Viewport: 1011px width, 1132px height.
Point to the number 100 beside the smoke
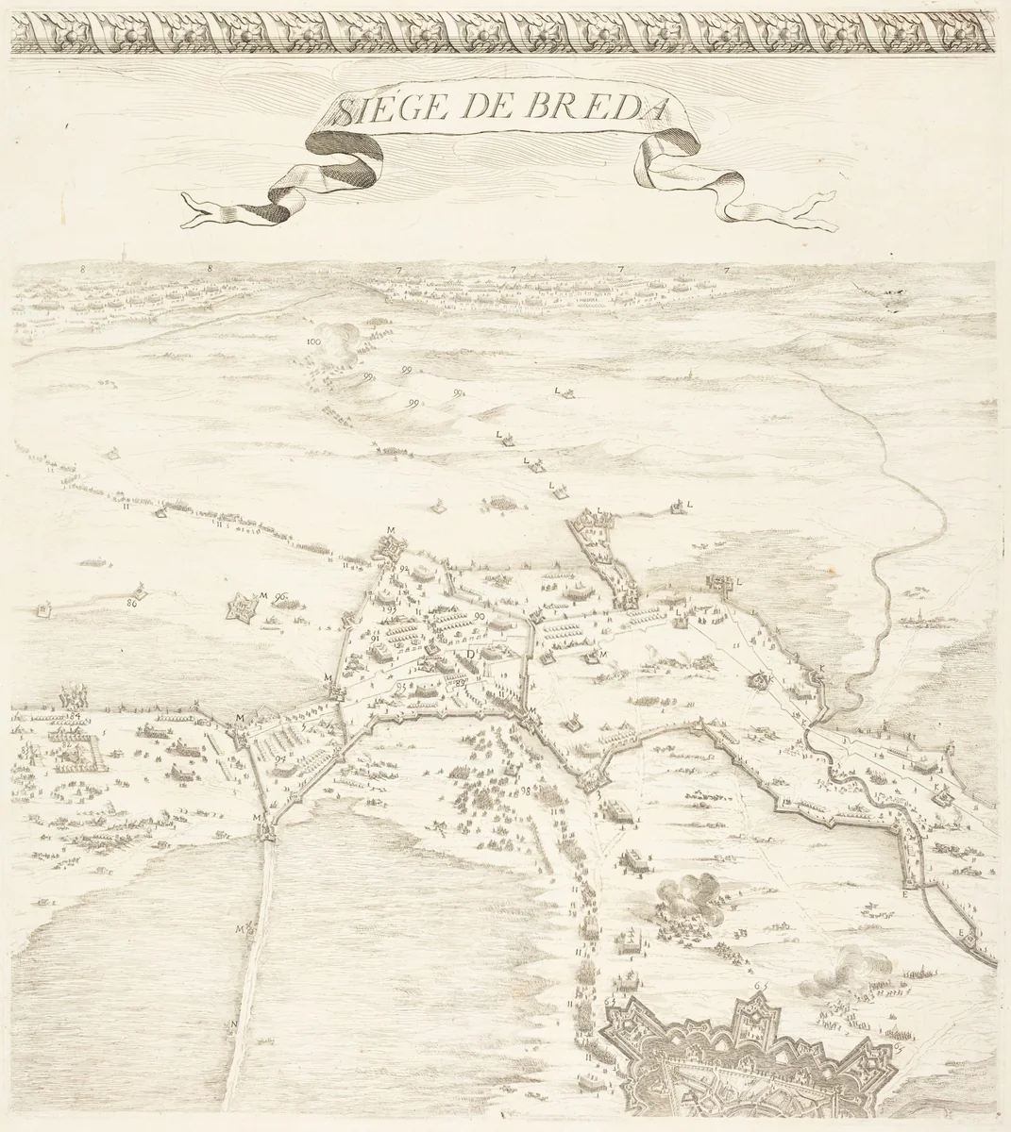tap(313, 341)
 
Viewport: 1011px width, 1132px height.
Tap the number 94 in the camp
tap(280, 757)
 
